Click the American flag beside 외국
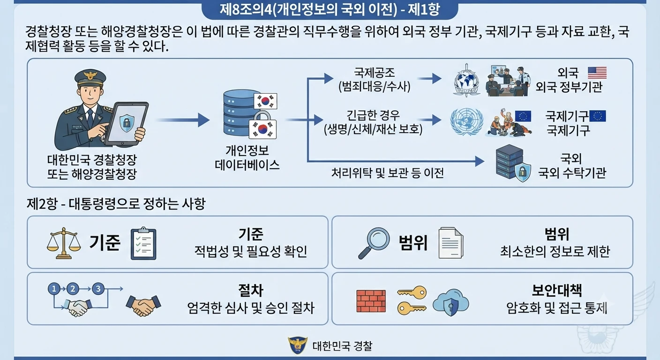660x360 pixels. point(597,73)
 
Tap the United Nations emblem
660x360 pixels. point(467,121)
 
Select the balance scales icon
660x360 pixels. point(64,243)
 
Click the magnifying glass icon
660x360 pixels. point(374,243)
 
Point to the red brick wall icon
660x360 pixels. point(371,301)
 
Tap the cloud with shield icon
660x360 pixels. point(451,302)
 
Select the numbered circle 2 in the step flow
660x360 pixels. point(73,289)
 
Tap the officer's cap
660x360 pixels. point(90,77)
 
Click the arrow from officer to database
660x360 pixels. point(183,120)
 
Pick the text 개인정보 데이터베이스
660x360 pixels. point(247,157)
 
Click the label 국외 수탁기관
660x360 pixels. point(572,172)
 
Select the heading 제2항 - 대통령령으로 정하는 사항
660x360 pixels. point(116,203)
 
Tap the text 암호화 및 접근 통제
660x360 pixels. point(556,308)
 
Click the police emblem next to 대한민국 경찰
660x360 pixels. point(298,345)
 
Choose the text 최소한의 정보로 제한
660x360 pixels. point(555,251)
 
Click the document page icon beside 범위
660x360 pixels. point(451,243)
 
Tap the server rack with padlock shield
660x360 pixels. point(513,163)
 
